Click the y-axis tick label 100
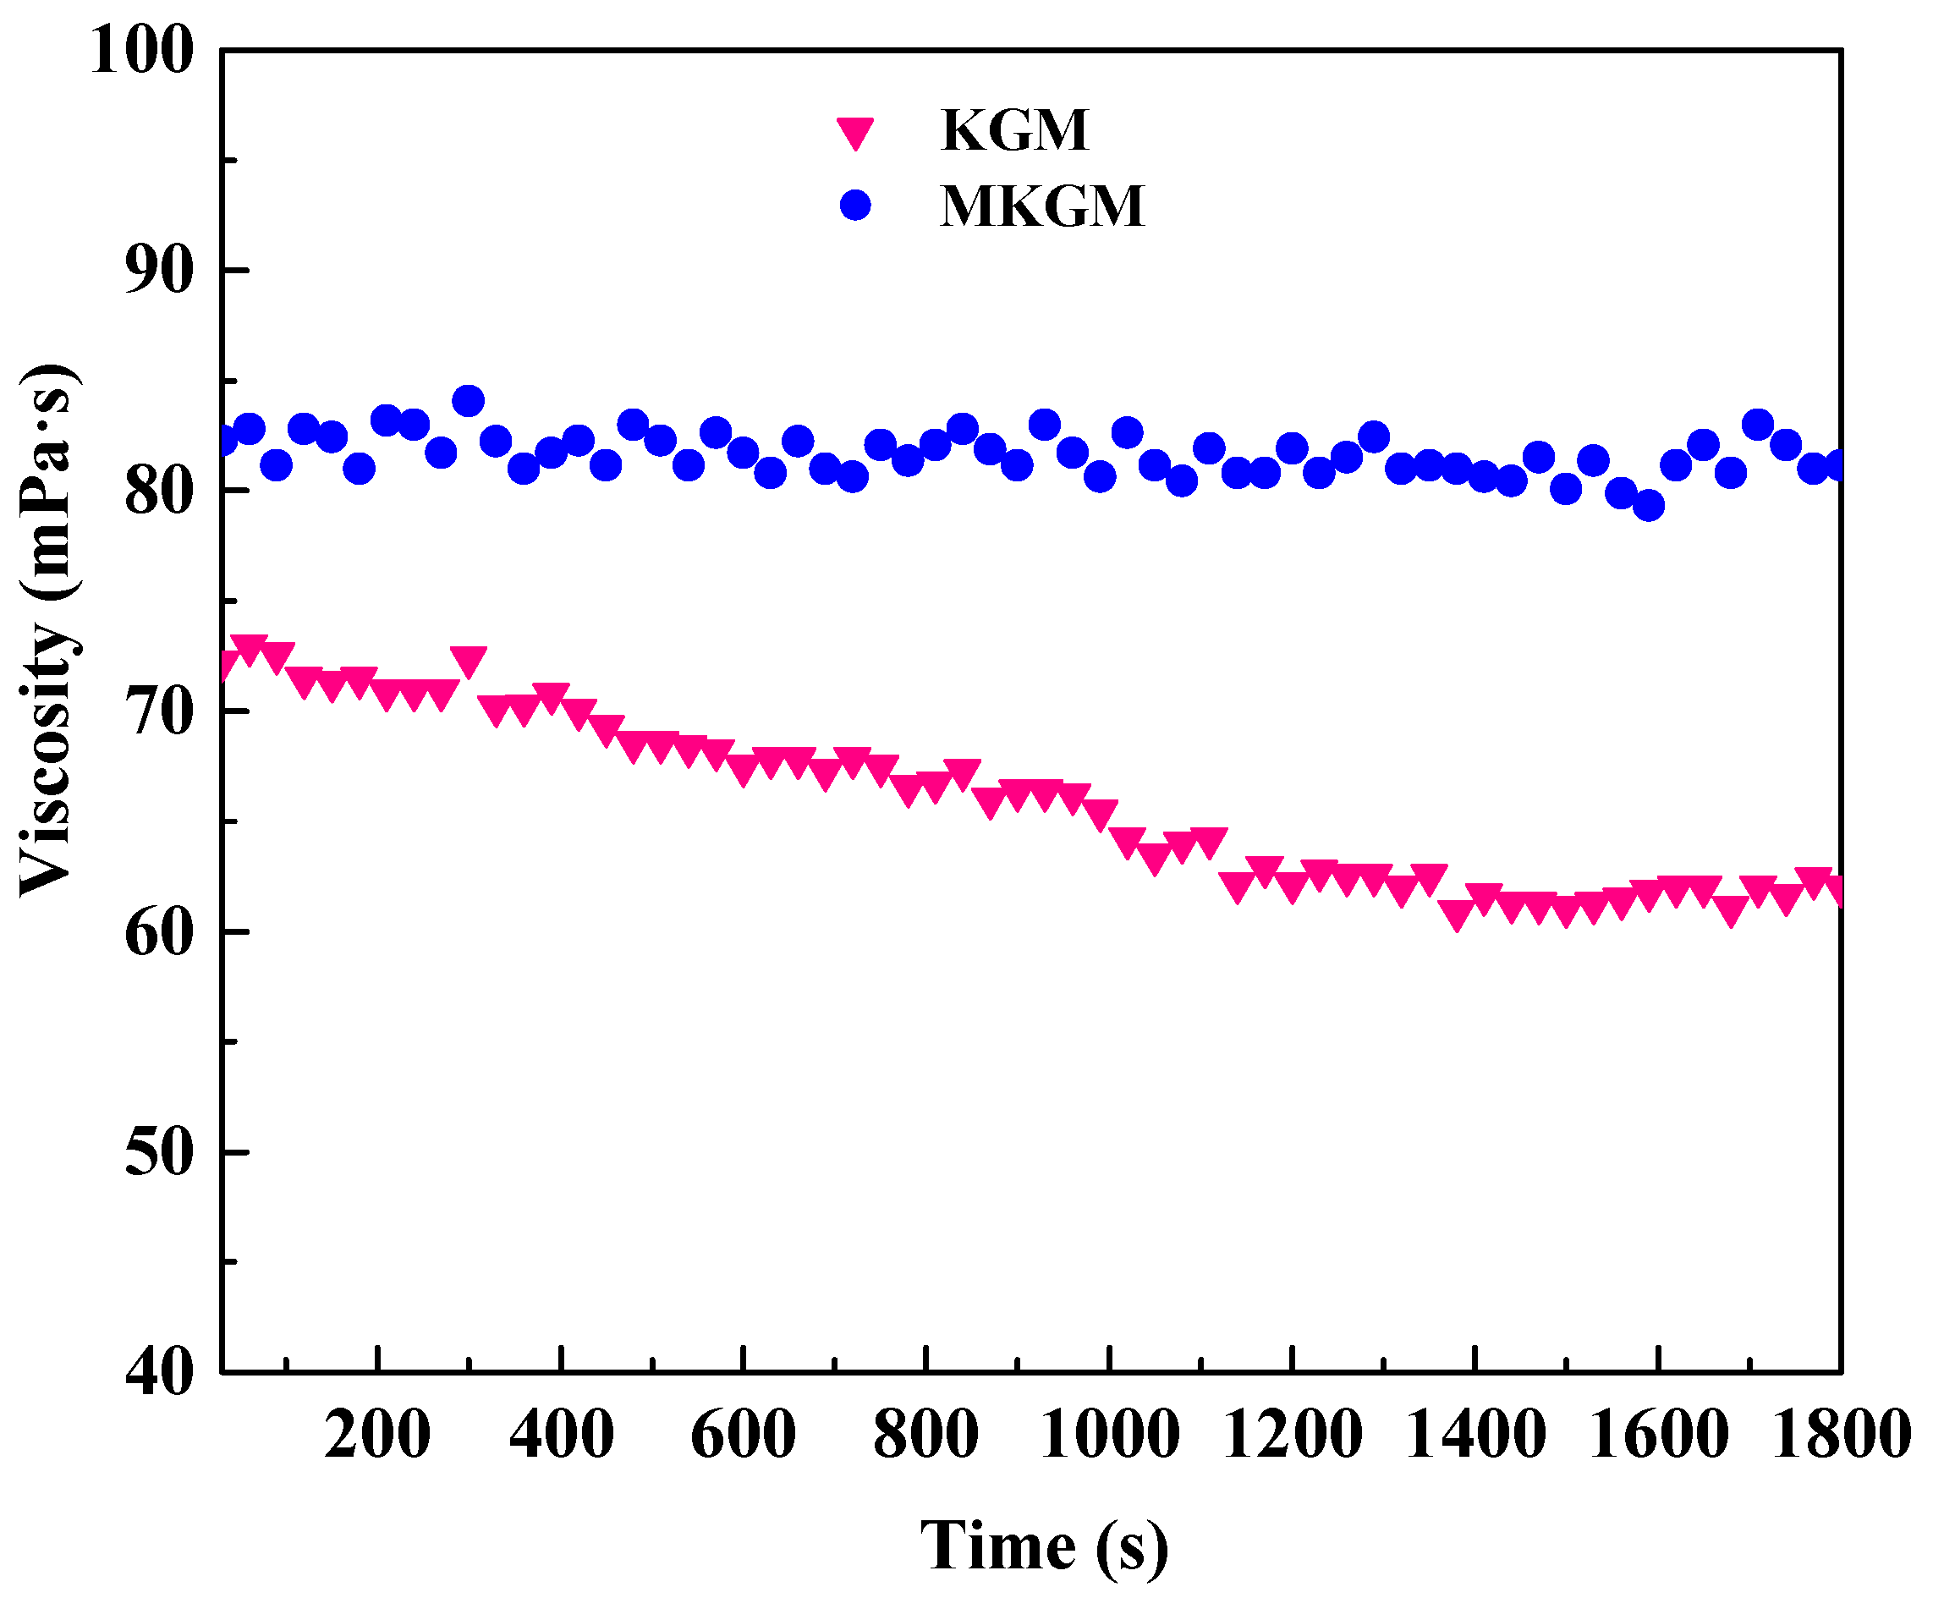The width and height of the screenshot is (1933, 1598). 143,50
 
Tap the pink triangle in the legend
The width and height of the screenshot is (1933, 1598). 855,133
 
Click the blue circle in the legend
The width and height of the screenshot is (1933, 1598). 855,206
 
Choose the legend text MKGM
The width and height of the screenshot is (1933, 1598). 1042,206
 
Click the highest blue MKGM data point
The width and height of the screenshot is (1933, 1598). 469,401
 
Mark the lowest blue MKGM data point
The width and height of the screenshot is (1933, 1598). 1649,505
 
